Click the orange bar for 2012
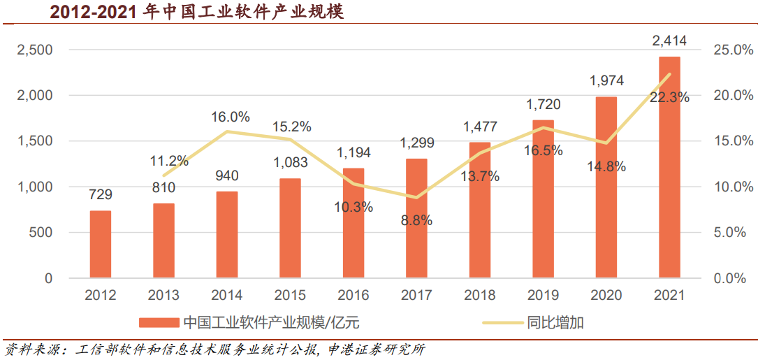100,245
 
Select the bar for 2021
669,168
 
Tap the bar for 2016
354,224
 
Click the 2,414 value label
669,41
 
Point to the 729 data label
101,195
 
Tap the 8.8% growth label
417,220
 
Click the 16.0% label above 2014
231,117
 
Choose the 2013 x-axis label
163,296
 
